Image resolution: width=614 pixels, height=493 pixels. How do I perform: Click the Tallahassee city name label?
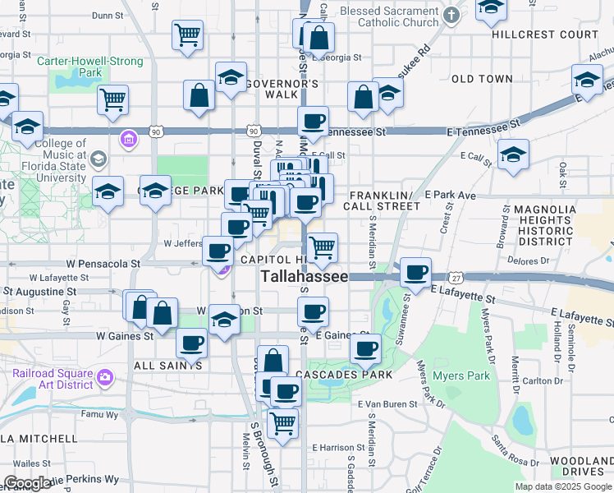coord(305,277)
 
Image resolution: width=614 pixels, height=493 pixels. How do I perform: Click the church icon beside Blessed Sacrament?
coord(451,15)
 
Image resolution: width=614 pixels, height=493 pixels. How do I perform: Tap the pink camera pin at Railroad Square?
coord(105,378)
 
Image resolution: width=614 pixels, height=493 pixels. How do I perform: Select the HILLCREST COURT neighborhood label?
coord(545,35)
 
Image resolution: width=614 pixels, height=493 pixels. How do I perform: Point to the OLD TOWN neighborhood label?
coord(482,79)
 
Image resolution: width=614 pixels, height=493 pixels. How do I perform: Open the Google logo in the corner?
coord(27,482)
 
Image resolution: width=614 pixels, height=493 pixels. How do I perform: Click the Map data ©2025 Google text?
coord(562,486)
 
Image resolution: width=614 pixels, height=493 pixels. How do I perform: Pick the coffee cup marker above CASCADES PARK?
coord(365,348)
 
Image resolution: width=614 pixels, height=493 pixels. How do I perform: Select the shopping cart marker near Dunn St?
coord(187,35)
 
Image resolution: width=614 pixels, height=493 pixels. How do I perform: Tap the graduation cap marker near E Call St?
coord(513,154)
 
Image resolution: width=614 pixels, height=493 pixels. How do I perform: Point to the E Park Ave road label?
coord(450,196)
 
